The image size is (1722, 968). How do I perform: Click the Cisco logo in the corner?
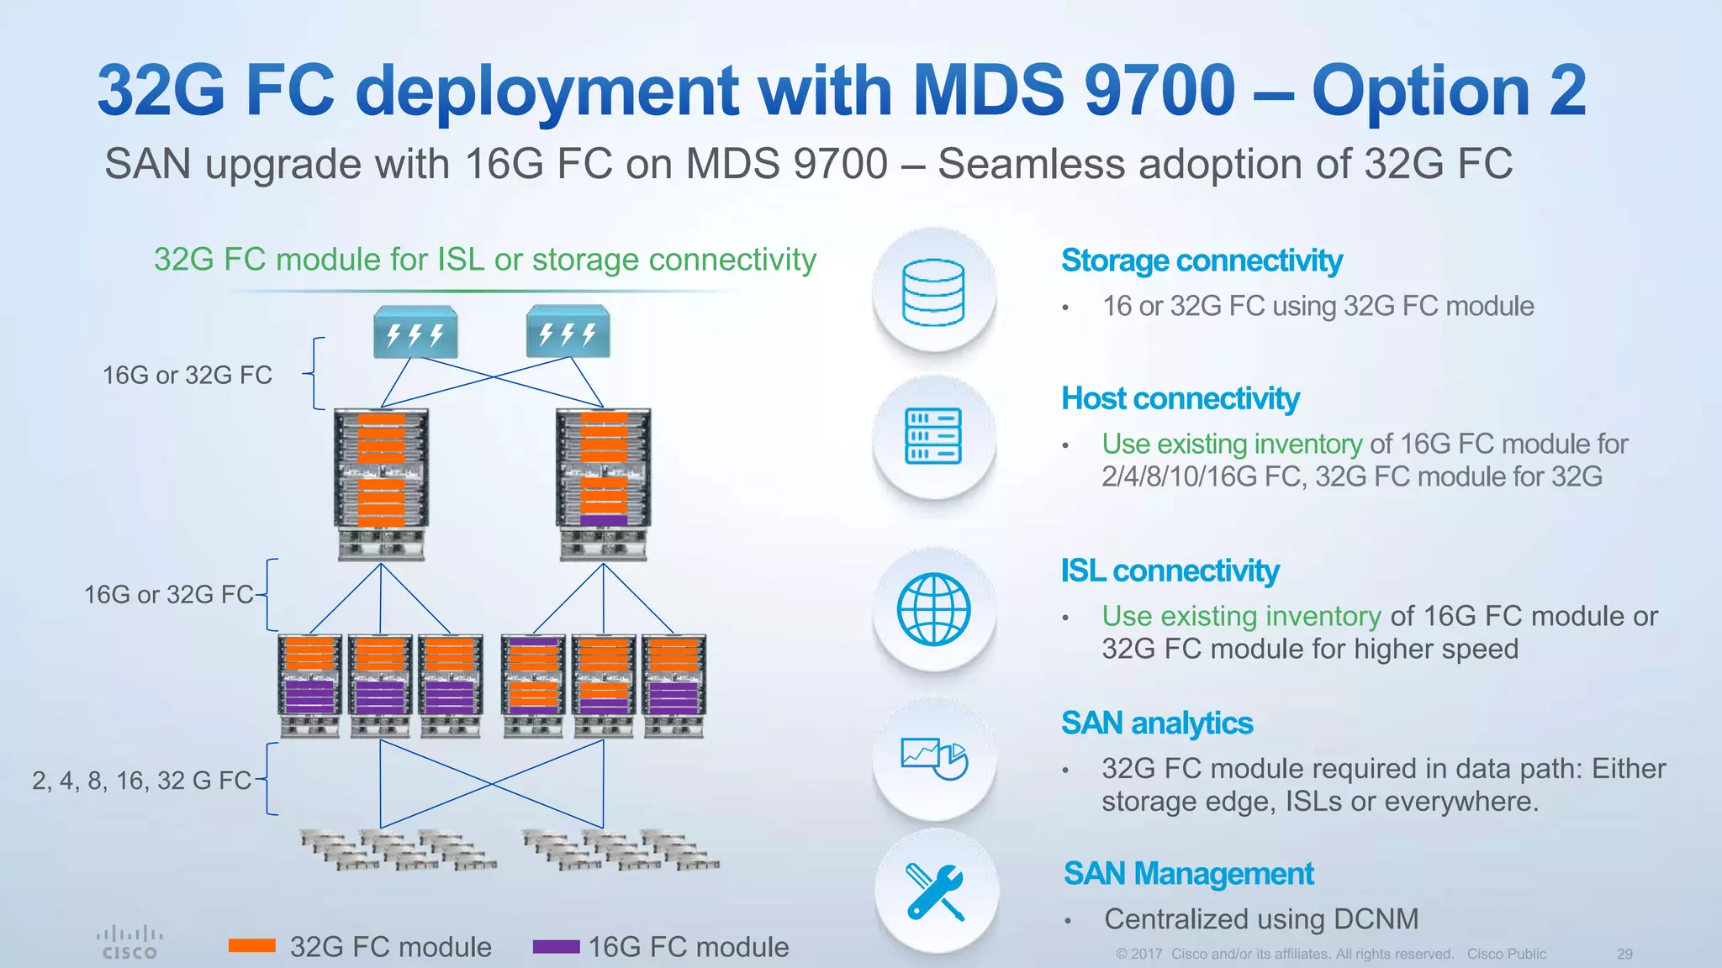(129, 942)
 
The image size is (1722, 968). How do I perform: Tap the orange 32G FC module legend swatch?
(252, 946)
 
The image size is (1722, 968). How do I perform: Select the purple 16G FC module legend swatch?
(556, 947)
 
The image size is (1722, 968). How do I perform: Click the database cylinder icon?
(933, 292)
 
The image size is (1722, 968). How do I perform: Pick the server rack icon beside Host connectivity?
(933, 436)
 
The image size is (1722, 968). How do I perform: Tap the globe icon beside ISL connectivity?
(933, 609)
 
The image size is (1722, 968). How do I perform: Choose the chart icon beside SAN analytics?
(933, 758)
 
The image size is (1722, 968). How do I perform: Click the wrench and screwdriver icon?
(935, 892)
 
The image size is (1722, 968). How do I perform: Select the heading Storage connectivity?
(1202, 260)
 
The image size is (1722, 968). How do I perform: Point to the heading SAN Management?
(1188, 874)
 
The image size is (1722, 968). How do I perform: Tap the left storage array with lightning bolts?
(415, 332)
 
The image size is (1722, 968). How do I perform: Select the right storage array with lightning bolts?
(568, 332)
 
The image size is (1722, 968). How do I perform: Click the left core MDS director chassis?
(381, 483)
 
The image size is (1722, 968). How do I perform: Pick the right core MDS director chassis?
(604, 483)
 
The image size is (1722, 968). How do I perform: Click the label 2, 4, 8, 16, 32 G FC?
(141, 781)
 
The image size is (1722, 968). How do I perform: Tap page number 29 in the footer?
(1624, 955)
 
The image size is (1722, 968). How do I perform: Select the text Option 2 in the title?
(1449, 91)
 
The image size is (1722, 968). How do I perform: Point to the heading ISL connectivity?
(1170, 571)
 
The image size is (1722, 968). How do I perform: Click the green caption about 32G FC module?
(485, 260)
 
